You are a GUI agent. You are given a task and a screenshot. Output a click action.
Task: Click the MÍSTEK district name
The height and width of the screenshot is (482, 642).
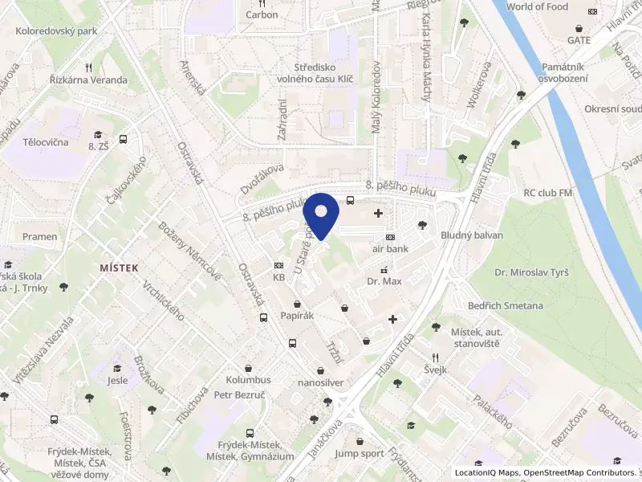coord(119,268)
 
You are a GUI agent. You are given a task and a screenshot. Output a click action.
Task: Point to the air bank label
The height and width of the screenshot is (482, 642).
coord(390,249)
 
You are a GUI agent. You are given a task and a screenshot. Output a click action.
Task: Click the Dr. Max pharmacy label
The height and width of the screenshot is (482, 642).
coord(384,282)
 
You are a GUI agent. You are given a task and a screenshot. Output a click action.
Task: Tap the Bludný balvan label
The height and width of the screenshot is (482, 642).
coord(472,235)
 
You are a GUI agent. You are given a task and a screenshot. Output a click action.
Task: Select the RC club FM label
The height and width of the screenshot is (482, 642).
coord(547,193)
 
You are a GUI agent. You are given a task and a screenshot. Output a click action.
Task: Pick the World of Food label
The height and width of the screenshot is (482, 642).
coord(537,7)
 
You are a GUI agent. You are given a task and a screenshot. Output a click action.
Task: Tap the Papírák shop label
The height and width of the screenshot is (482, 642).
coord(297,316)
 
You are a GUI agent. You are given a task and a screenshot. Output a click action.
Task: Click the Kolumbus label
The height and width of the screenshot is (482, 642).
coord(248,379)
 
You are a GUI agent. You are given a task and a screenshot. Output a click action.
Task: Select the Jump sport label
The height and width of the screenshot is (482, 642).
coord(359,453)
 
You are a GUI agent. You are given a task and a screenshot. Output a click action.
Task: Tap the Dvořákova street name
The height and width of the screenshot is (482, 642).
coord(262,179)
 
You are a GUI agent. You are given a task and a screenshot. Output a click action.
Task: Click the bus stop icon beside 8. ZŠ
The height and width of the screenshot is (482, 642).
coord(123,139)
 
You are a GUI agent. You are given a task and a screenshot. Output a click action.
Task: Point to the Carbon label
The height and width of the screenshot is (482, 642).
coord(262,14)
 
